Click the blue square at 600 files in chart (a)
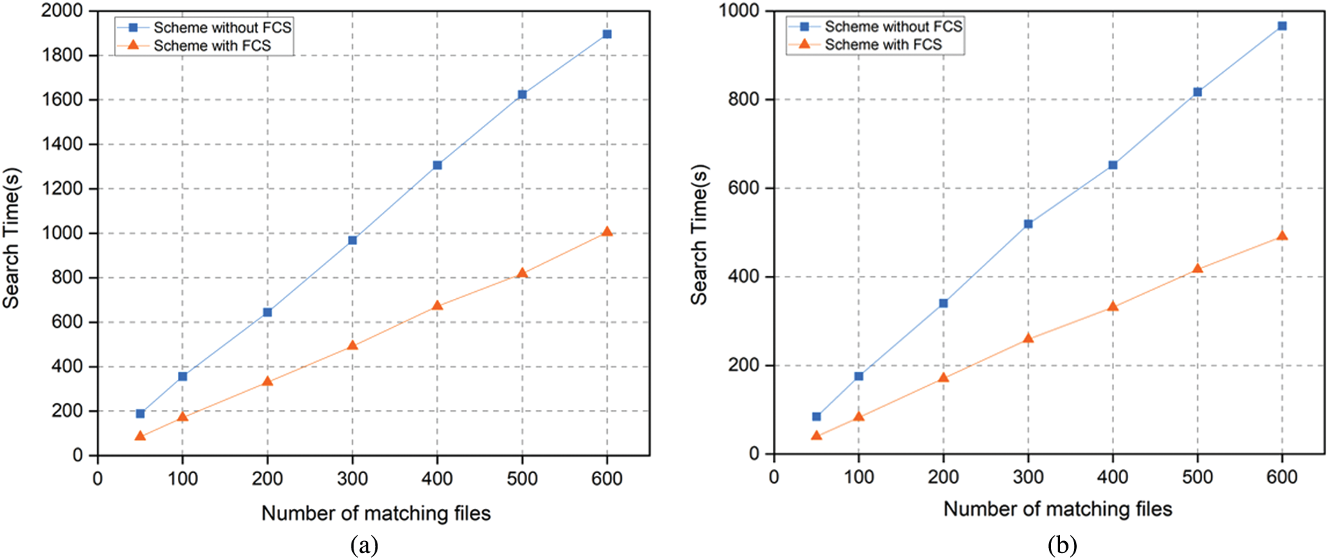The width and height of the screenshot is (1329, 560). pyautogui.click(x=607, y=34)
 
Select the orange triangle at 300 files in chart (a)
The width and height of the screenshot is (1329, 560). pyautogui.click(x=352, y=346)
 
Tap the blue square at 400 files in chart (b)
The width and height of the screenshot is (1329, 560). pyautogui.click(x=1113, y=165)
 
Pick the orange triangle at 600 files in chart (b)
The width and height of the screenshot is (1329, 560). pyautogui.click(x=1282, y=236)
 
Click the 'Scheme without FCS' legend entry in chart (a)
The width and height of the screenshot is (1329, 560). pyautogui.click(x=222, y=27)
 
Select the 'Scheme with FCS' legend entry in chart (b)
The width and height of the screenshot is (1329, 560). pyautogui.click(x=882, y=45)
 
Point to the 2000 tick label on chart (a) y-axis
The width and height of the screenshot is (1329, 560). pyautogui.click(x=62, y=10)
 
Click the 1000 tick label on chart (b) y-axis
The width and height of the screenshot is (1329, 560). pyautogui.click(x=739, y=10)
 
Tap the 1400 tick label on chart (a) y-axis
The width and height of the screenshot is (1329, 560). pyautogui.click(x=62, y=144)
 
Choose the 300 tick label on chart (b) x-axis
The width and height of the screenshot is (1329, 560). pyautogui.click(x=1028, y=477)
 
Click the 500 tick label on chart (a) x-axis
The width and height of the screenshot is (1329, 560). pyautogui.click(x=522, y=479)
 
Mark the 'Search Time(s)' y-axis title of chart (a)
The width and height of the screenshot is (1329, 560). pyautogui.click(x=11, y=238)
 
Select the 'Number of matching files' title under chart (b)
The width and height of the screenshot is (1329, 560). pyautogui.click(x=1057, y=509)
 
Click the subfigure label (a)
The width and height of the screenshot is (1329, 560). pyautogui.click(x=364, y=545)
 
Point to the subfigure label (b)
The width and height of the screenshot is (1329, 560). pyautogui.click(x=1062, y=545)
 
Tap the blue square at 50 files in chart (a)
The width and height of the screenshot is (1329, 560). pyautogui.click(x=140, y=414)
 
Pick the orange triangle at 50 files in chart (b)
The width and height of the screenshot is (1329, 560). pyautogui.click(x=816, y=435)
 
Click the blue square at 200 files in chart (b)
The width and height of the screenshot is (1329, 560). pyautogui.click(x=943, y=303)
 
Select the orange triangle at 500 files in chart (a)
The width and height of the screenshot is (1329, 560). pyautogui.click(x=522, y=273)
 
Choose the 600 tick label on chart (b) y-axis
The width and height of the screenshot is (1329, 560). pyautogui.click(x=744, y=188)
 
